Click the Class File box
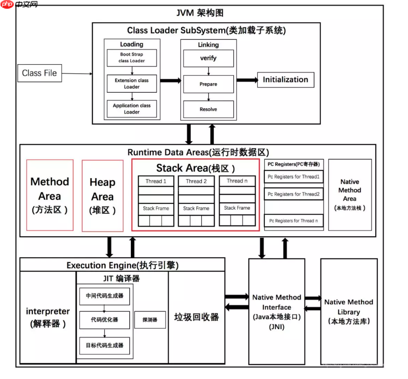(39, 73)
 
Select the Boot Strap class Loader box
(132, 58)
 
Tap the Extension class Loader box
(132, 83)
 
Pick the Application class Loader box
(132, 108)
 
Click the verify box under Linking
(208, 58)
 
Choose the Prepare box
(208, 84)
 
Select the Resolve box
(208, 109)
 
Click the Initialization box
(285, 79)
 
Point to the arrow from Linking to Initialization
(246, 80)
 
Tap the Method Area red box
(50, 195)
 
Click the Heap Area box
(102, 195)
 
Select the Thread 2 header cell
(196, 181)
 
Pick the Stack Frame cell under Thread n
(237, 208)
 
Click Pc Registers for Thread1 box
(293, 177)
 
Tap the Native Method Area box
(349, 194)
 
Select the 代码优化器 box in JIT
(104, 319)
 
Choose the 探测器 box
(150, 319)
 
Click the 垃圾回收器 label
(196, 317)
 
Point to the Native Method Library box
(349, 311)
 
